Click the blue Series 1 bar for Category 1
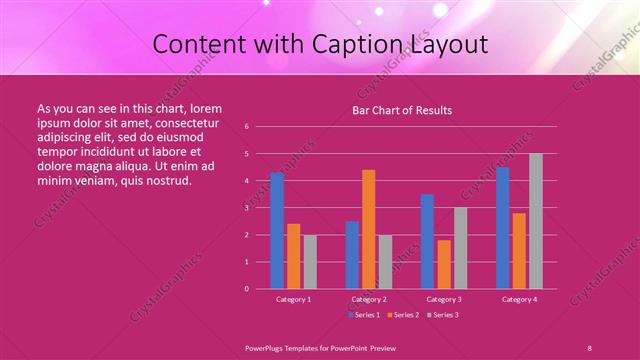(277, 230)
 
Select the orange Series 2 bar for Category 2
(368, 229)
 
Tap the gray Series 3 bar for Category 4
(536, 221)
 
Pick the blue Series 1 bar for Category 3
(428, 241)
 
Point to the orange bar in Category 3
(444, 264)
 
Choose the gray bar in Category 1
(310, 261)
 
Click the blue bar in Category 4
(503, 227)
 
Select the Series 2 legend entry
(404, 315)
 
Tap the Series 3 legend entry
(443, 315)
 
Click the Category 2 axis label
(368, 299)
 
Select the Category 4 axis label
(519, 299)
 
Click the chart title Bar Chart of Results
(402, 110)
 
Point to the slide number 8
(589, 347)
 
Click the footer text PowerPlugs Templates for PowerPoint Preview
(320, 347)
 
